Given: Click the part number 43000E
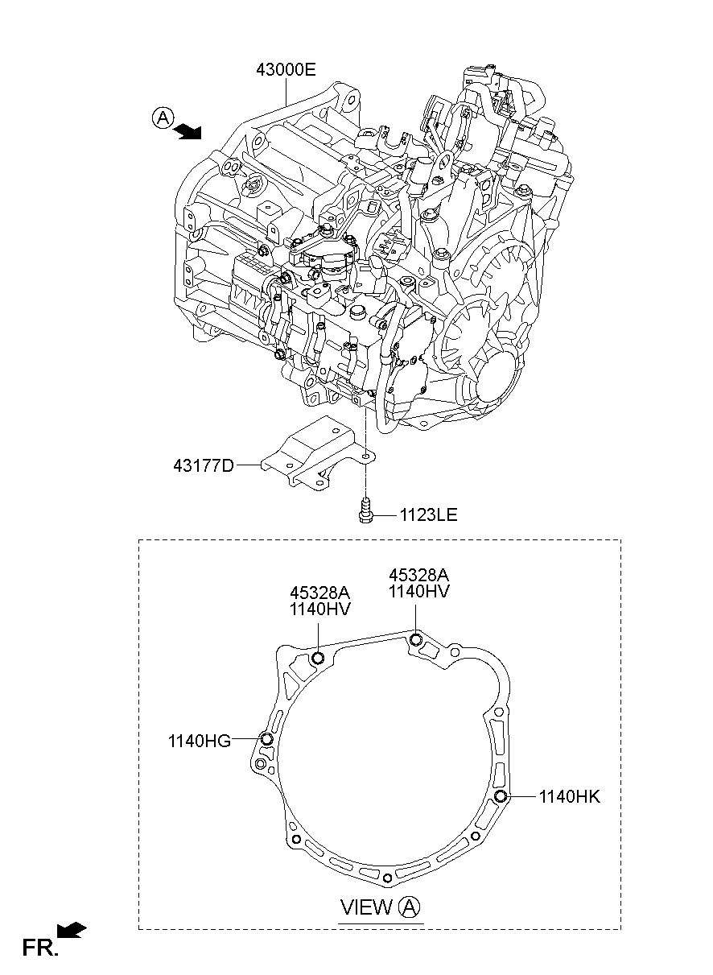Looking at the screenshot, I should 286,70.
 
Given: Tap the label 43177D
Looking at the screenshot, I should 203,465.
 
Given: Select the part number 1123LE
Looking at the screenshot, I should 427,514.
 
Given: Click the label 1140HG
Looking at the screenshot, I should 199,741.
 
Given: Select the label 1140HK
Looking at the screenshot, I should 569,797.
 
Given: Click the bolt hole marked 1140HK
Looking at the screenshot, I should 501,797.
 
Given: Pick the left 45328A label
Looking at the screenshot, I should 320,592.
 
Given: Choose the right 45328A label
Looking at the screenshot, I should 418,575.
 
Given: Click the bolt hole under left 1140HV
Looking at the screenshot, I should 317,659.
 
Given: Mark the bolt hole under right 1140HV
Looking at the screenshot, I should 415,639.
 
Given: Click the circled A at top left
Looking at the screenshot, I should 162,118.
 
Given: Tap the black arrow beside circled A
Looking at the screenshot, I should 189,131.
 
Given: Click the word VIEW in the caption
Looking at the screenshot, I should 366,907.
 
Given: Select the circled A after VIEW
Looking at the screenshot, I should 409,907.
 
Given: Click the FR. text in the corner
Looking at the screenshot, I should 40,948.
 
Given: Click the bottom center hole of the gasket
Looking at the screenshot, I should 388,877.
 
